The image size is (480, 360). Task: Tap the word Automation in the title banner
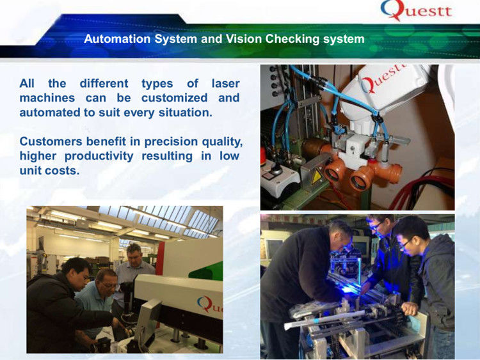tap(116, 39)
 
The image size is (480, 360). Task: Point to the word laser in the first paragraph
tap(225, 83)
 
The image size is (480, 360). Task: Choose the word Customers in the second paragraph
tap(49, 141)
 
